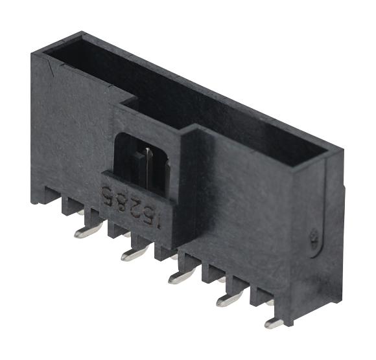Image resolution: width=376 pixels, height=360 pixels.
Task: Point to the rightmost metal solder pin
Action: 274,322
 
